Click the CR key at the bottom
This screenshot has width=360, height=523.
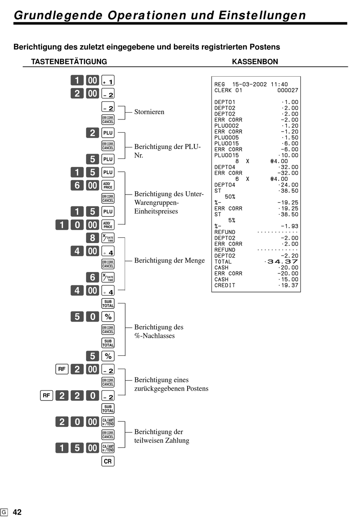coord(108,461)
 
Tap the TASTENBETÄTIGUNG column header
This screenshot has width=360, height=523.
coord(69,61)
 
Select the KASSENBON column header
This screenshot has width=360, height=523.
coord(255,61)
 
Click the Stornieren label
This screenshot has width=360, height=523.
coord(149,112)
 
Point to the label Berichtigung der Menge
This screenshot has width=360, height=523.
coord(169,261)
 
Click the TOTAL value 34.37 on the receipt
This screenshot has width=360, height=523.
coord(283,262)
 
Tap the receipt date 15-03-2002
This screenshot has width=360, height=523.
coord(249,85)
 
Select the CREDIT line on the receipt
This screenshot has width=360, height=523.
coord(225,285)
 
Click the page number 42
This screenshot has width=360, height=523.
coord(17,512)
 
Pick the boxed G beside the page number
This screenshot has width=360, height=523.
coord(4,512)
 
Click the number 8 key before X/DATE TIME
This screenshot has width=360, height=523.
coord(92,238)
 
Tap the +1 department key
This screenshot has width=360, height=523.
coord(108,80)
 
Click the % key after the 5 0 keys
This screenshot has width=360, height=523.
coord(108,317)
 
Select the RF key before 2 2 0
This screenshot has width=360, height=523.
coord(46,396)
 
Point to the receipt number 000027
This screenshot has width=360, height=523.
coord(288,90)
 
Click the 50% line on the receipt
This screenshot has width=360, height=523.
coord(230,197)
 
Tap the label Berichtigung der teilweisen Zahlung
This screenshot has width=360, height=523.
coord(161,436)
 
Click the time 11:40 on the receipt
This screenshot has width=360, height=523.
coord(279,85)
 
